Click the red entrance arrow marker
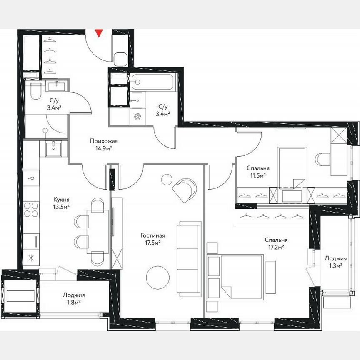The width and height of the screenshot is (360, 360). coord(99,33)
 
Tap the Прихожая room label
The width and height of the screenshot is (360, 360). coord(101,141)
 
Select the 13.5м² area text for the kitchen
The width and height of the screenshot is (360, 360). coord(61,206)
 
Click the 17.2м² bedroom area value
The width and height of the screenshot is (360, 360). coord(275,247)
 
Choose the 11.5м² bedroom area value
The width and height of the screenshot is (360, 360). coord(258,175)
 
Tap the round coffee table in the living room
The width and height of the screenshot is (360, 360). coord(158,276)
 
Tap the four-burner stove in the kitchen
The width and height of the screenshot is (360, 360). coord(31,210)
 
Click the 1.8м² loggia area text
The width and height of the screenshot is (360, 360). coord(74,302)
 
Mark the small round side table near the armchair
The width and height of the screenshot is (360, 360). coord(167,179)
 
